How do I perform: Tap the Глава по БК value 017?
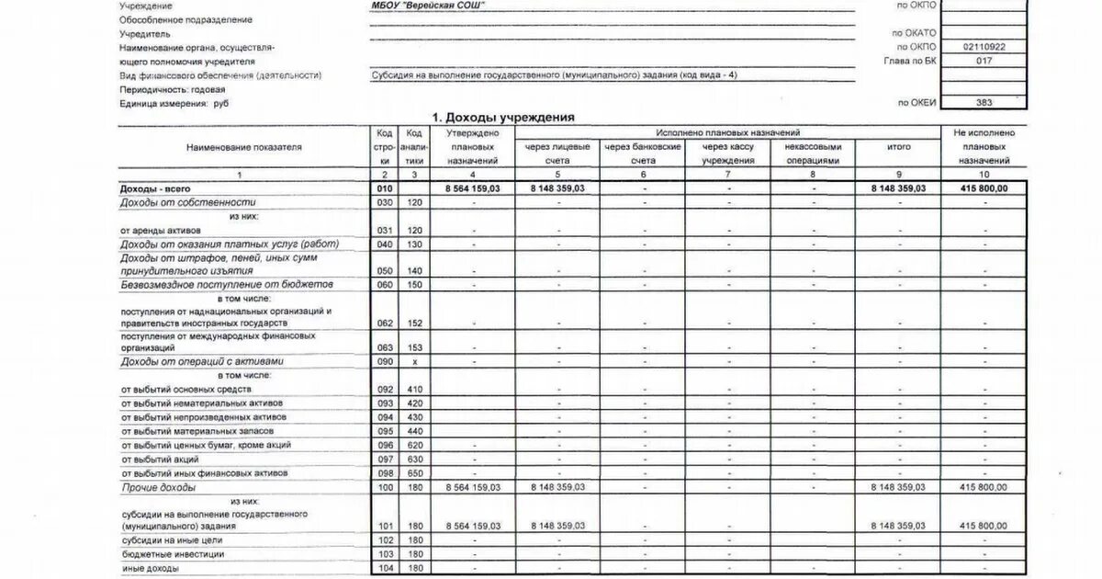click(x=984, y=60)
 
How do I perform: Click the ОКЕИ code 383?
click(x=984, y=103)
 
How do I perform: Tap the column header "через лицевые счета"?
click(x=557, y=153)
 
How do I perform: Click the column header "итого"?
click(x=898, y=147)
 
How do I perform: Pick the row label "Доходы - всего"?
click(x=155, y=187)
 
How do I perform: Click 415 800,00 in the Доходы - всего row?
click(x=984, y=187)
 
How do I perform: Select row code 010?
click(x=385, y=187)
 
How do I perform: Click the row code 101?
click(x=385, y=525)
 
